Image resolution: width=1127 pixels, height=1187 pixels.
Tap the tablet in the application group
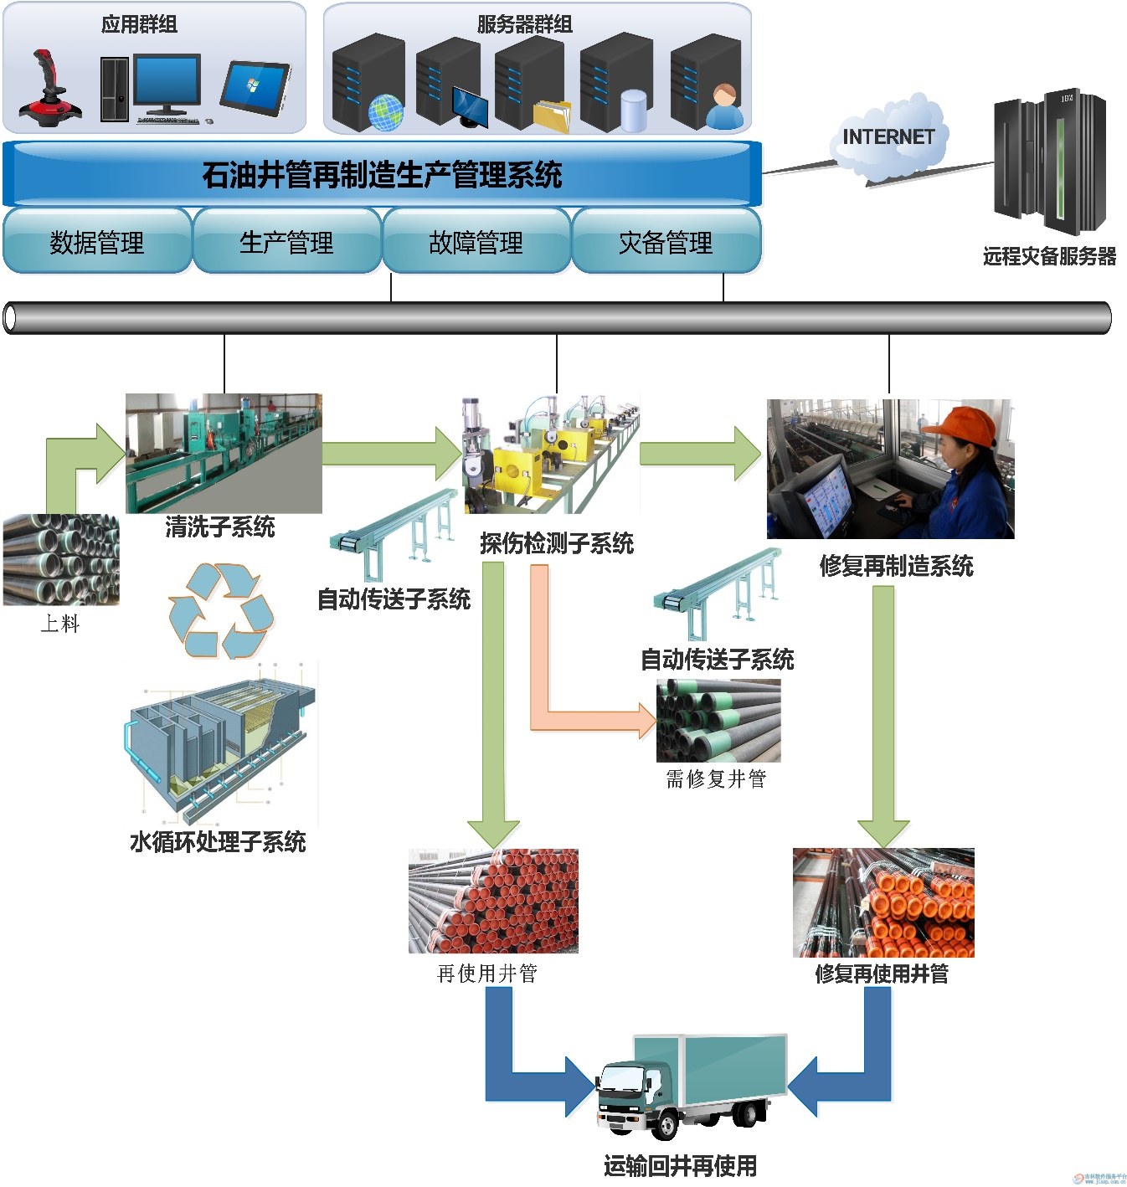pyautogui.click(x=255, y=88)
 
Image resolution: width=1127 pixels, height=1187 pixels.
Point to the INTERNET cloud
pyautogui.click(x=888, y=138)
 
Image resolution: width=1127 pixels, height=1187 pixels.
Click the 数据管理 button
pyautogui.click(x=97, y=242)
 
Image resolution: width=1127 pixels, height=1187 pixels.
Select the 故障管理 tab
pyautogui.click(x=476, y=242)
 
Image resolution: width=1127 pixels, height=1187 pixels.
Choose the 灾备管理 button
pyautogui.click(x=666, y=242)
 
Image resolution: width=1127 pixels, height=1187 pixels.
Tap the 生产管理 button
pyautogui.click(x=286, y=242)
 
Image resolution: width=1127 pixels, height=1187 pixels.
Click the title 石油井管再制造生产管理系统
pyautogui.click(x=382, y=175)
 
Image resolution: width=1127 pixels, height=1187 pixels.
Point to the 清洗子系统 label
pyautogui.click(x=220, y=527)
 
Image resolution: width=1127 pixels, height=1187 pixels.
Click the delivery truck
pyautogui.click(x=692, y=1085)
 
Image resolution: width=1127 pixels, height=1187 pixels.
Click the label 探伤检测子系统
pyautogui.click(x=557, y=544)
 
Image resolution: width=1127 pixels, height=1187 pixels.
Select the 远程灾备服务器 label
pyautogui.click(x=1049, y=256)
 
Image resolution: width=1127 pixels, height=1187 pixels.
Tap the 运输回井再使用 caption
pyautogui.click(x=680, y=1166)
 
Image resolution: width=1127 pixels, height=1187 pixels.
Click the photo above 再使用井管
pyautogui.click(x=493, y=901)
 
